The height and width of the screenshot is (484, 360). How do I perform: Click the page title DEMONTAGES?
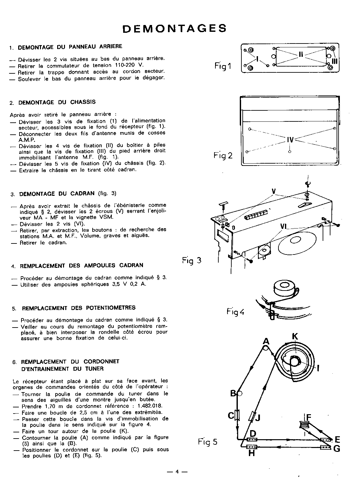[x=174, y=29]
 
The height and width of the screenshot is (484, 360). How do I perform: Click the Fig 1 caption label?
[x=223, y=66]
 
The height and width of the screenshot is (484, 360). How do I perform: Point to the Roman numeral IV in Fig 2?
[x=290, y=140]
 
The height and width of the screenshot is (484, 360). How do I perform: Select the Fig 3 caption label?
[x=192, y=260]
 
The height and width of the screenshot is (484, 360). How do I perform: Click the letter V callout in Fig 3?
[x=274, y=192]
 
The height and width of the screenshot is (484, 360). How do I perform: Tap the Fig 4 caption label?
[x=235, y=312]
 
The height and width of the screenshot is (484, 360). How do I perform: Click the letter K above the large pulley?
[x=295, y=336]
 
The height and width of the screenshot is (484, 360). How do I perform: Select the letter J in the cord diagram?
[x=258, y=417]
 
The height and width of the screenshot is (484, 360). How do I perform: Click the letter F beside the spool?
[x=309, y=416]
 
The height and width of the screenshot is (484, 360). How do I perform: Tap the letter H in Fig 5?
[x=251, y=453]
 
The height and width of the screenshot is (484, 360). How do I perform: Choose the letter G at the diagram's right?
[x=337, y=449]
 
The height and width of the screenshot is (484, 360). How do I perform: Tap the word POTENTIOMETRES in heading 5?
[x=111, y=307]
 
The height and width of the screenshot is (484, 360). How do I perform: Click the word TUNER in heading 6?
[x=95, y=368]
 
